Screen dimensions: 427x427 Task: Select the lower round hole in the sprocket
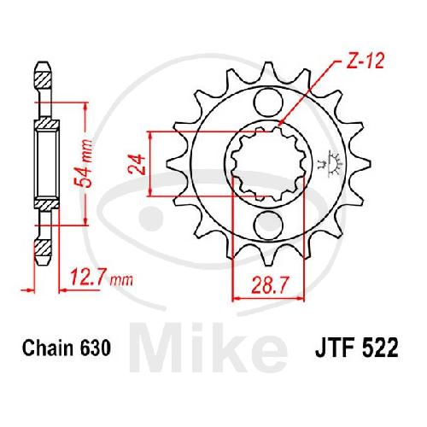267,224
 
